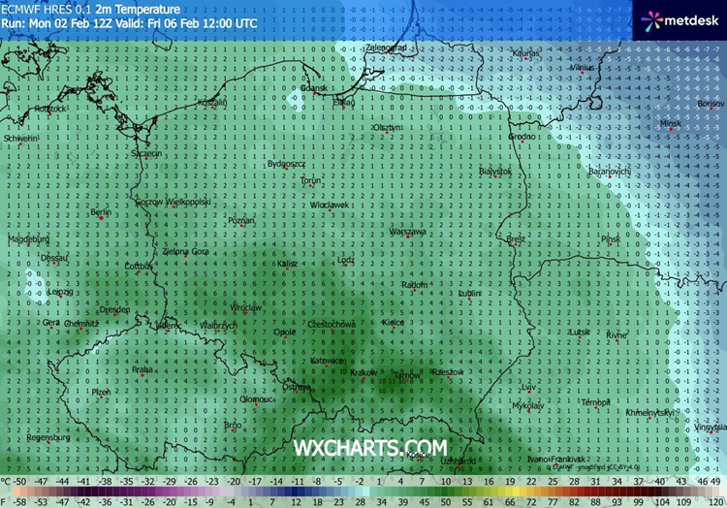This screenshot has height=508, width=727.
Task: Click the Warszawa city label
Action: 408,232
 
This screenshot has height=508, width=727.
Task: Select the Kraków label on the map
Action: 364,372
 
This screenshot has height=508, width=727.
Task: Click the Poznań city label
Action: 240,221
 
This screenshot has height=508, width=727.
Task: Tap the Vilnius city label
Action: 583,69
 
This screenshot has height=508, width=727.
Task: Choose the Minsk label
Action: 670,123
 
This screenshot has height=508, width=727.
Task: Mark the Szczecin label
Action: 147,152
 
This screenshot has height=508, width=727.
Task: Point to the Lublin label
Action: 469,293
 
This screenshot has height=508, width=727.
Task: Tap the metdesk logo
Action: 678,18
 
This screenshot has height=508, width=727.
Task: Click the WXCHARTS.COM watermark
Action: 371,448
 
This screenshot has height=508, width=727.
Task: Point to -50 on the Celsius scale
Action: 18,481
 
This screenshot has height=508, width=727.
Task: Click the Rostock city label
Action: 48,109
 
